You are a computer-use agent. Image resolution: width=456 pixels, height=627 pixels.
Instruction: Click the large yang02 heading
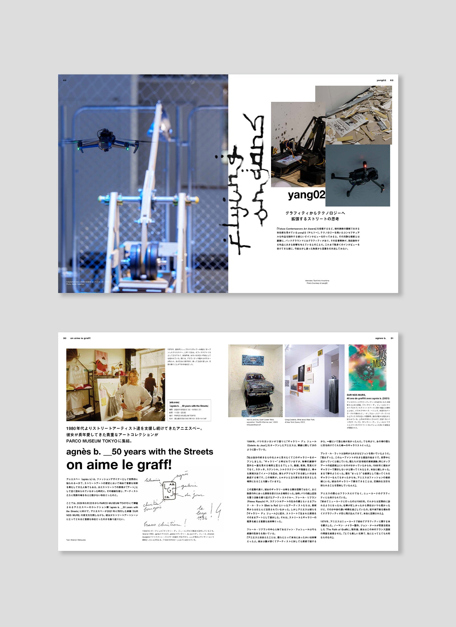point(306,195)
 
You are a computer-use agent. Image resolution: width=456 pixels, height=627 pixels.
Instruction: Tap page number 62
point(65,80)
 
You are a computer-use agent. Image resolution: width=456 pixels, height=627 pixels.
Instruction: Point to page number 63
point(392,80)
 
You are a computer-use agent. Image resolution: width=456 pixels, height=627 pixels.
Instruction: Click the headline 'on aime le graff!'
point(119,465)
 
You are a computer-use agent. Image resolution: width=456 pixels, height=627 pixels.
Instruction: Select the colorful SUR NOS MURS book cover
point(367,367)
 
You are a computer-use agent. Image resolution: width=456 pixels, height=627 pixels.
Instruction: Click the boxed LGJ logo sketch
point(169,490)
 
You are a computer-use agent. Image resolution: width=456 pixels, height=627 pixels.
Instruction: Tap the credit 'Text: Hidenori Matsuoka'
point(76,540)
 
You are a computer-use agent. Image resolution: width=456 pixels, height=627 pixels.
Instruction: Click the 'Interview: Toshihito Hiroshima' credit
point(317,281)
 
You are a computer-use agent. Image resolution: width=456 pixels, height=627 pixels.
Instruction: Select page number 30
point(65,338)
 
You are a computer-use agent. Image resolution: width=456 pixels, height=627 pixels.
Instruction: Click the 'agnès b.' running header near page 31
point(380,338)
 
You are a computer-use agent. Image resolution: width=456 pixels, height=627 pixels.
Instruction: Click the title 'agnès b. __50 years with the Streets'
point(140,452)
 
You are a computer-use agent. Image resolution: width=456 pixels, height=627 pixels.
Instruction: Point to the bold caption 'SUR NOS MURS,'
point(356,395)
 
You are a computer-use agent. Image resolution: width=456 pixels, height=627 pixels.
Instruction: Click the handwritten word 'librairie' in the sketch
point(153,480)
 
